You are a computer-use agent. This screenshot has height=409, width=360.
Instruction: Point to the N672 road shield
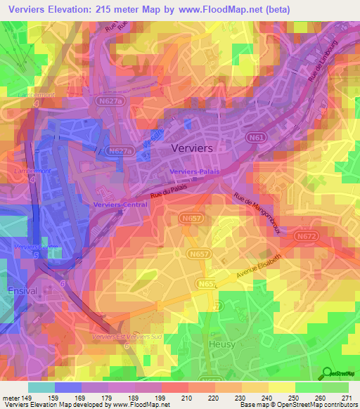pyautogui.click(x=304, y=238)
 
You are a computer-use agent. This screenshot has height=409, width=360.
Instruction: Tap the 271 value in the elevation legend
pyautogui.click(x=347, y=398)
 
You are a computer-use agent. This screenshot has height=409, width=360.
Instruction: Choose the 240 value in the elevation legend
pyautogui.click(x=267, y=398)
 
